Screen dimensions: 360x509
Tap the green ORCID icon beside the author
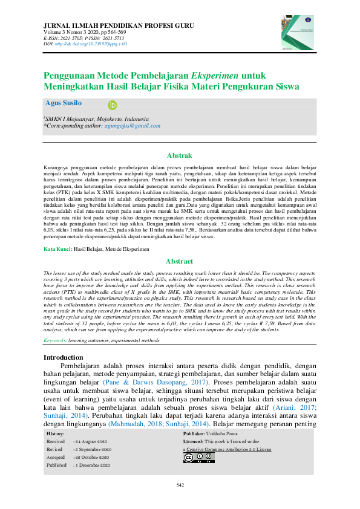click(111, 105)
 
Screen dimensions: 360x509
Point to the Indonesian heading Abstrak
click(179, 155)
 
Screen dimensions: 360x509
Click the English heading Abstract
click(179, 261)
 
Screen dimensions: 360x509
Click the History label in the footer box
click(56, 434)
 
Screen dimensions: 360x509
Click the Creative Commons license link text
click(227, 450)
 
